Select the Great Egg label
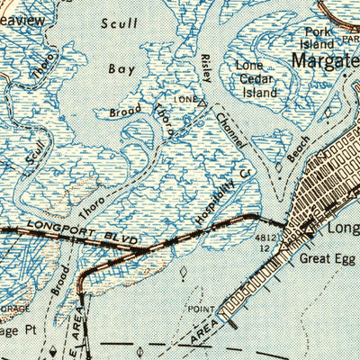coord(328,258)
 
